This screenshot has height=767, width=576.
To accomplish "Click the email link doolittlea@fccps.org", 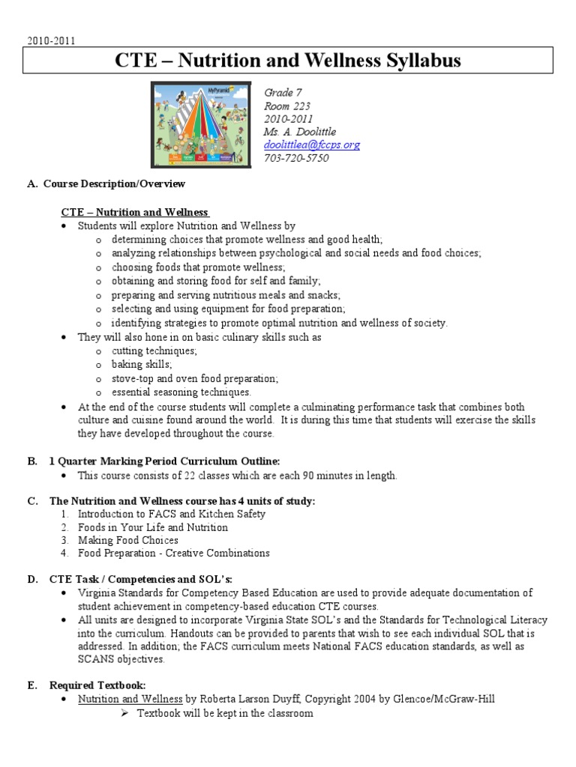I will coord(311,145).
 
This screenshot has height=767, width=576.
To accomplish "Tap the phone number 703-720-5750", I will coord(296,158).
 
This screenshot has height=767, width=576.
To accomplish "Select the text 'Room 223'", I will coord(286,106).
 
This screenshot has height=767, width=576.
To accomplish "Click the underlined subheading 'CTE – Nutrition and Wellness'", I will coord(134,212).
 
